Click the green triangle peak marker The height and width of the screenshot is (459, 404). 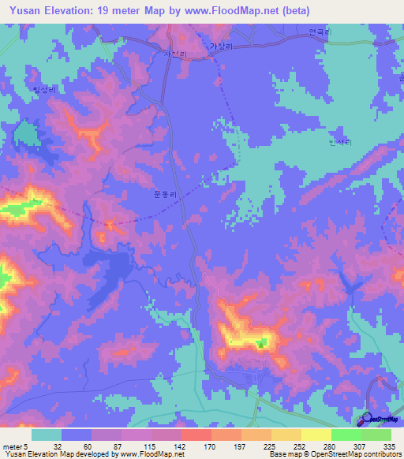[261, 342]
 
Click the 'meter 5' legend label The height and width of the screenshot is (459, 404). [14, 446]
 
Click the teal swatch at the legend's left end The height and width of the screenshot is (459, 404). [47, 435]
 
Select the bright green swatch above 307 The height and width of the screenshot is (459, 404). [346, 435]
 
